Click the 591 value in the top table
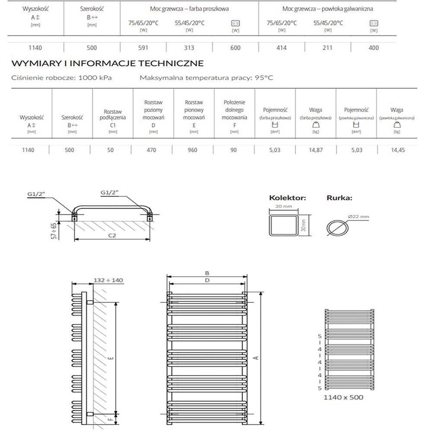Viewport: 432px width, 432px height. point(143,48)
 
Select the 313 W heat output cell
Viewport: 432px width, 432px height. point(189,48)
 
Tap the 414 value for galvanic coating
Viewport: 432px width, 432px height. point(281,48)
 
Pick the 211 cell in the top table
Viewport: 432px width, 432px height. point(327,48)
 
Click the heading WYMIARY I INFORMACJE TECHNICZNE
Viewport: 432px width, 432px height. point(107,64)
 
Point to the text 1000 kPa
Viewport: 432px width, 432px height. point(95,78)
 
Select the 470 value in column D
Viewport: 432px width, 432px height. point(152,150)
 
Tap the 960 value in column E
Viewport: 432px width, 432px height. point(193,150)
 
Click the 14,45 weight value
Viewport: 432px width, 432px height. point(397,150)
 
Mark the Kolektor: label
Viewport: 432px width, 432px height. point(287,198)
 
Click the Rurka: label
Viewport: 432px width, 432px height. point(339,198)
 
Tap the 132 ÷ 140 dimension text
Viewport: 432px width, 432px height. point(108,280)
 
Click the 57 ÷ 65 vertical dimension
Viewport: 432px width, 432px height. point(54,231)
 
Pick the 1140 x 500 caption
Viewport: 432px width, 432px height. point(343,397)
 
